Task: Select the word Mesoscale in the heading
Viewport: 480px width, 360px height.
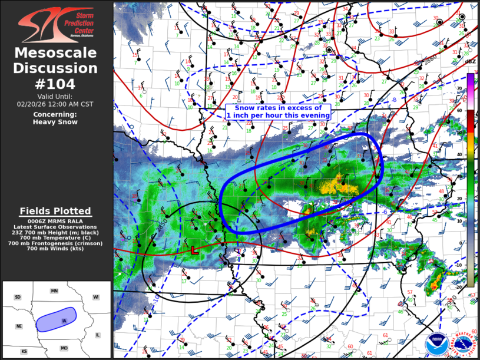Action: [x=56, y=53]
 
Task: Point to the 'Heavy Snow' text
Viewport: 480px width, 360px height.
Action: [x=55, y=122]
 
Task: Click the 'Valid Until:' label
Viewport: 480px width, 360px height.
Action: [x=55, y=96]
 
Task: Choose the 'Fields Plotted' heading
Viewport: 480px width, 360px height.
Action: [x=55, y=211]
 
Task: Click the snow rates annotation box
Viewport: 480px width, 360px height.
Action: [x=277, y=112]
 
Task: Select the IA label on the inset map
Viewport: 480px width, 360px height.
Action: [x=63, y=321]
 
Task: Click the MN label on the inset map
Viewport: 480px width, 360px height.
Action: [x=54, y=291]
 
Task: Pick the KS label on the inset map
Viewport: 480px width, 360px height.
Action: [x=24, y=351]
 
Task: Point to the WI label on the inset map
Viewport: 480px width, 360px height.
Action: [x=96, y=297]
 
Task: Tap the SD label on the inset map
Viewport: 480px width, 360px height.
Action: [x=18, y=297]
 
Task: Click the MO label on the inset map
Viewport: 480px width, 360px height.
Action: [x=64, y=348]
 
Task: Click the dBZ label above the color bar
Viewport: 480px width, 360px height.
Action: [x=470, y=61]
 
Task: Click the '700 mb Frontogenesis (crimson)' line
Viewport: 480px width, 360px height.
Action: [x=55, y=243]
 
